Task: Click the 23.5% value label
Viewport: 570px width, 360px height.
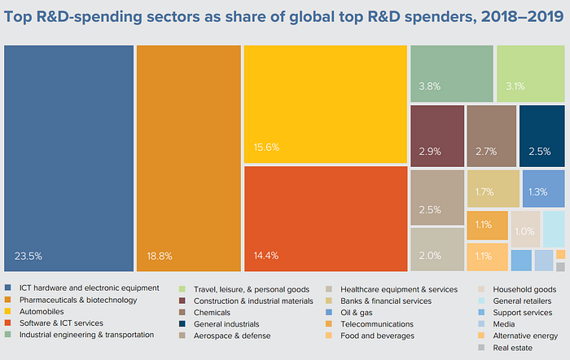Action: coord(28,257)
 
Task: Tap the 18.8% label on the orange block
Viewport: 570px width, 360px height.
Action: coord(160,257)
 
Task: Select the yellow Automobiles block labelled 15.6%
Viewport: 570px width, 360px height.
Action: coord(326,104)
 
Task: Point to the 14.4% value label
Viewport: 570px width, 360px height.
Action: coord(266,256)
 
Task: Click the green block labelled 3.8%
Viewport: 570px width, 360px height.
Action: coord(452,73)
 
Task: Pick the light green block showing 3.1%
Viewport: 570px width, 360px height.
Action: coord(530,73)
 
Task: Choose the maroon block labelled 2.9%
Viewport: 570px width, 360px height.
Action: coord(437,136)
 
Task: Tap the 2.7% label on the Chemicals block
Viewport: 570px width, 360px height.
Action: coord(486,151)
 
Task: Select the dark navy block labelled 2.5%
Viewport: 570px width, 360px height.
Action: coord(541,136)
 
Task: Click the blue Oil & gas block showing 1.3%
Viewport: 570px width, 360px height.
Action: coord(543,189)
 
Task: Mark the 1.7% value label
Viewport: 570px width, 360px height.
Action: coord(484,191)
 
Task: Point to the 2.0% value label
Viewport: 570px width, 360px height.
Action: coord(430,256)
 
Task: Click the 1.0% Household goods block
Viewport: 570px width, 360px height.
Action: coord(525,229)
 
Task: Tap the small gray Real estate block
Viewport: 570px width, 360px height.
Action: coord(560,267)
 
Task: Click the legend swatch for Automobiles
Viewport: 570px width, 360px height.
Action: coord(7,311)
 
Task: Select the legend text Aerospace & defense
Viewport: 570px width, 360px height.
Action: coord(232,336)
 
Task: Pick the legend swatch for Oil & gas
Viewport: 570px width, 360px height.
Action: coord(329,313)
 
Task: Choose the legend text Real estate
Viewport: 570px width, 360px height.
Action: coord(512,348)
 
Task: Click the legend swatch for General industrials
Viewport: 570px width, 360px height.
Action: coord(182,323)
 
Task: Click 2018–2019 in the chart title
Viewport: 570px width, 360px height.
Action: coord(523,17)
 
